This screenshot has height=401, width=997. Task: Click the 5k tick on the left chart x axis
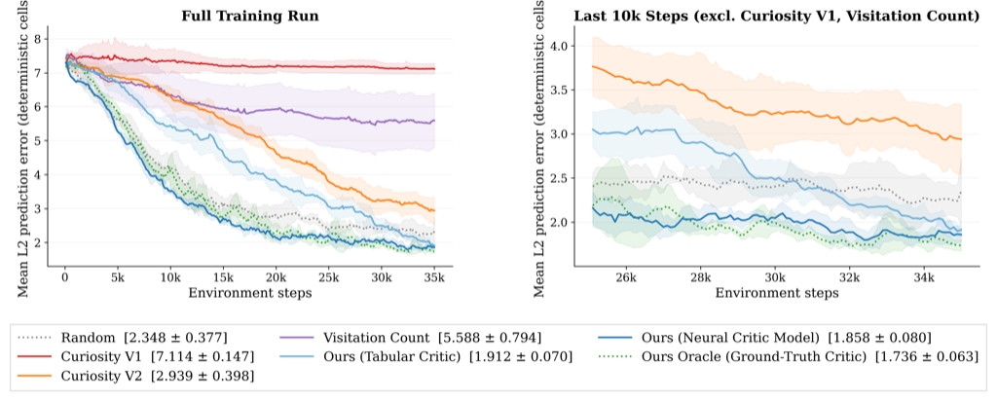[x=118, y=276]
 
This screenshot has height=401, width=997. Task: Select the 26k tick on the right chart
[x=624, y=276]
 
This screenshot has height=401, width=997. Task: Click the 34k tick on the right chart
[x=924, y=276]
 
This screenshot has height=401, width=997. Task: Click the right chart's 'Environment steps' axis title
[x=774, y=291]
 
